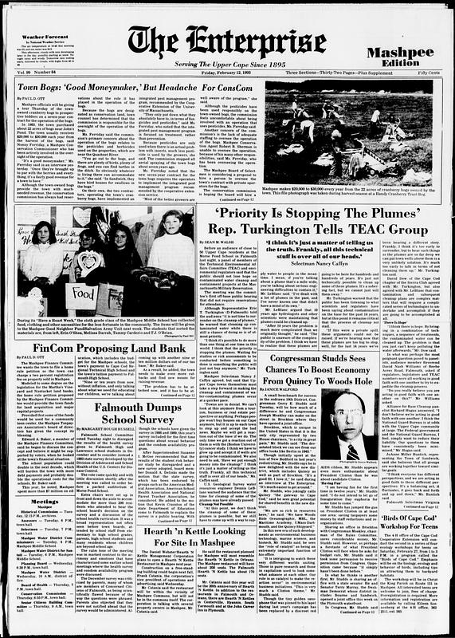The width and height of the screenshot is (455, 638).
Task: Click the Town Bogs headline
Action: pyautogui.click(x=131, y=86)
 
